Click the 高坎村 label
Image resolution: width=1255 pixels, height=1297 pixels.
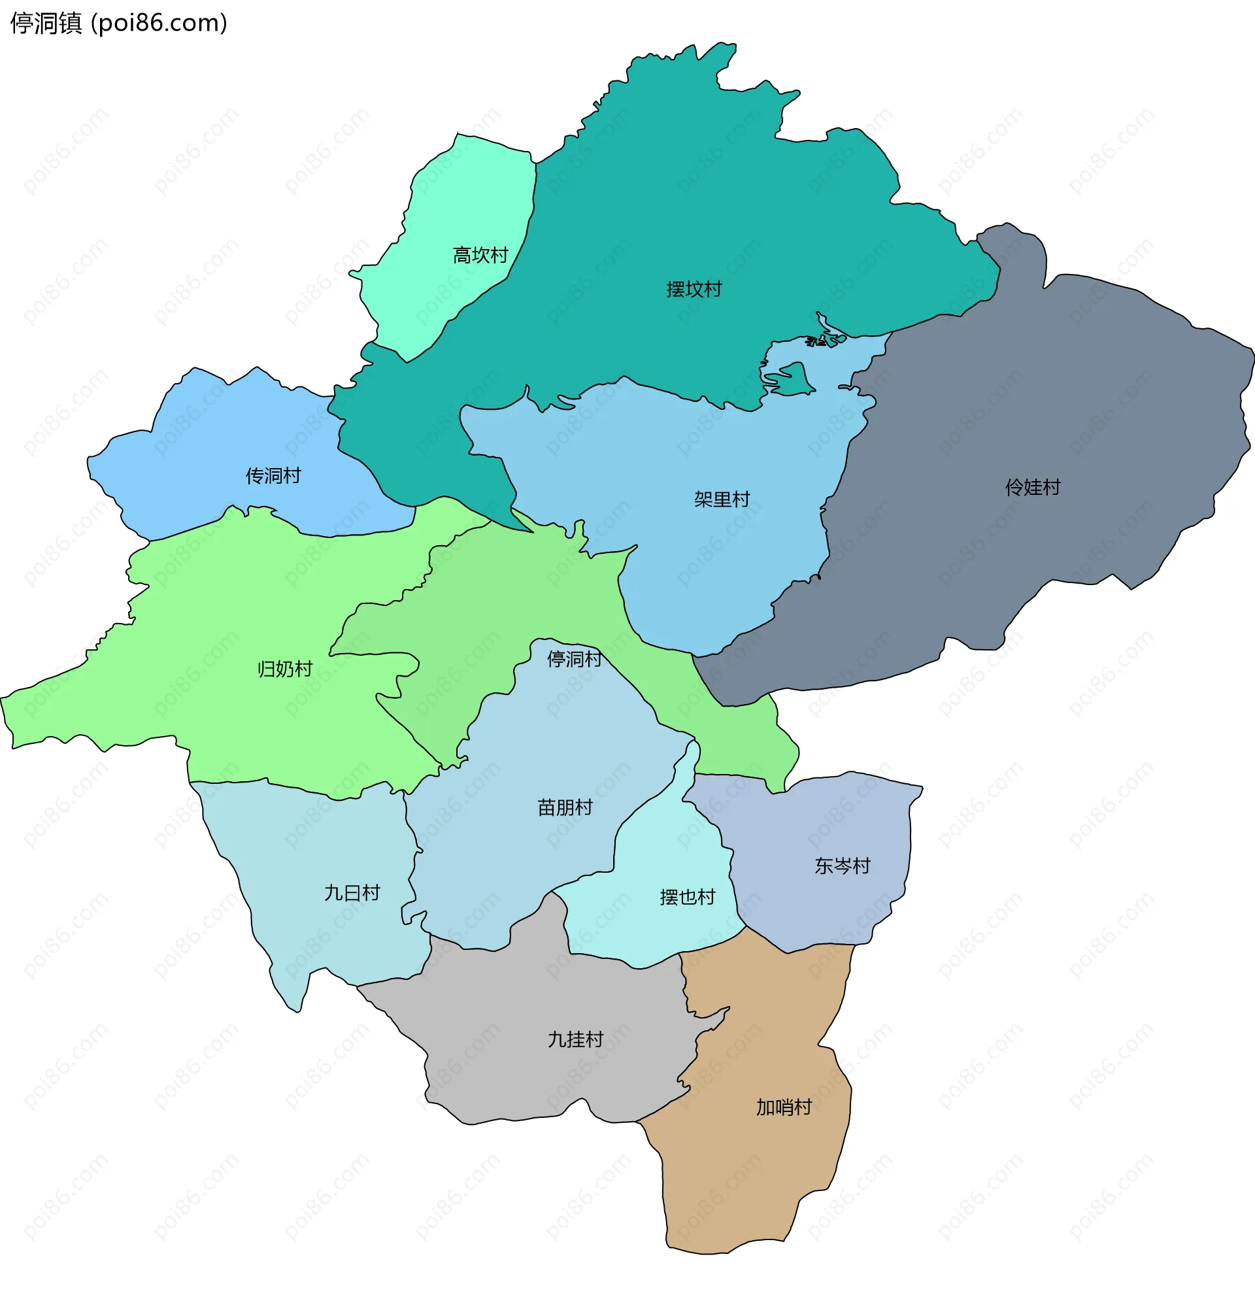pos(480,255)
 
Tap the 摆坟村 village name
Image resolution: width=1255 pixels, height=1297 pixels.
pos(694,289)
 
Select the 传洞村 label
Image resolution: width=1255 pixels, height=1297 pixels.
pos(273,476)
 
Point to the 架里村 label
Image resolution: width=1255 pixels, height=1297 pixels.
pos(721,499)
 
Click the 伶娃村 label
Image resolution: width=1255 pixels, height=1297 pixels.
pos(1032,488)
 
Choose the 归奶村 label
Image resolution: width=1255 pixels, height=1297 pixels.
pos(284,669)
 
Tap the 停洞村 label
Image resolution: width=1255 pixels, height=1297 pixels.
pos(574,659)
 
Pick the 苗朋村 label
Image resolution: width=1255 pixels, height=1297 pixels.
pos(564,807)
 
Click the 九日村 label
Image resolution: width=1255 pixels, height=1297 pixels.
pos(352,894)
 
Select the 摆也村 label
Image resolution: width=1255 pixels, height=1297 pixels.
pos(687,898)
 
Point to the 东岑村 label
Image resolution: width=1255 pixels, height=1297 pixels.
pos(841,866)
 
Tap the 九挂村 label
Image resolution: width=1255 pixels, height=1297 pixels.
pos(575,1039)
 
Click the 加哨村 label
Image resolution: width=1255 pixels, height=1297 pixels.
pos(783,1107)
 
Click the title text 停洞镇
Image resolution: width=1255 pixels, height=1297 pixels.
pos(46,23)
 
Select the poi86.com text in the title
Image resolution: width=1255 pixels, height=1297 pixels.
pos(159,23)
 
